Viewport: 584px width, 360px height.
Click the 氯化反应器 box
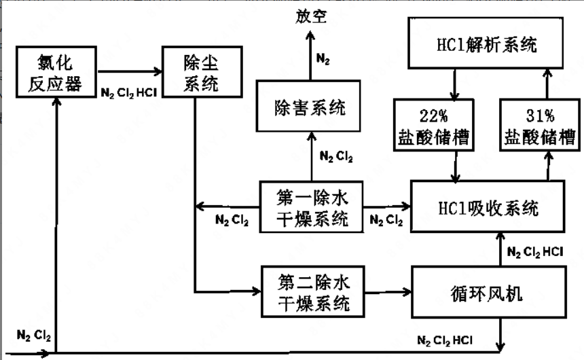[59, 73]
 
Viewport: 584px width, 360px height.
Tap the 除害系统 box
[310, 107]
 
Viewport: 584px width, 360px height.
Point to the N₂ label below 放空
[324, 58]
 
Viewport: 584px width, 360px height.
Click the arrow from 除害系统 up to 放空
[310, 54]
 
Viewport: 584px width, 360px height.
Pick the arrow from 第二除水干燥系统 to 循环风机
[387, 291]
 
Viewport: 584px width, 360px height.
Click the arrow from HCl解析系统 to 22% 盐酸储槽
[454, 84]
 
